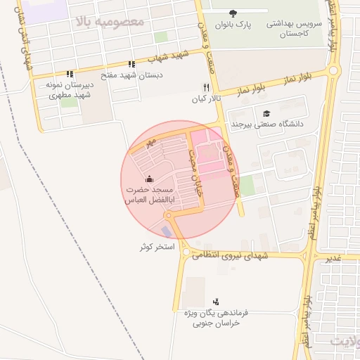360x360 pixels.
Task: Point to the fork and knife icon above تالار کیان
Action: pyautogui.click(x=206, y=87)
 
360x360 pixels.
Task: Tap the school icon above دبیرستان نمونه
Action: pyautogui.click(x=70, y=73)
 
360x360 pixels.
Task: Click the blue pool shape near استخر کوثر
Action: pyautogui.click(x=166, y=231)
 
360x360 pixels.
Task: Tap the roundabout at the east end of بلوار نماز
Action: pyautogui.click(x=333, y=70)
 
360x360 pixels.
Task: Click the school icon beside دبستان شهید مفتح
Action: pyautogui.click(x=131, y=64)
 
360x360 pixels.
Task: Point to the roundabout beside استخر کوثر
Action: pyautogui.click(x=185, y=252)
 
